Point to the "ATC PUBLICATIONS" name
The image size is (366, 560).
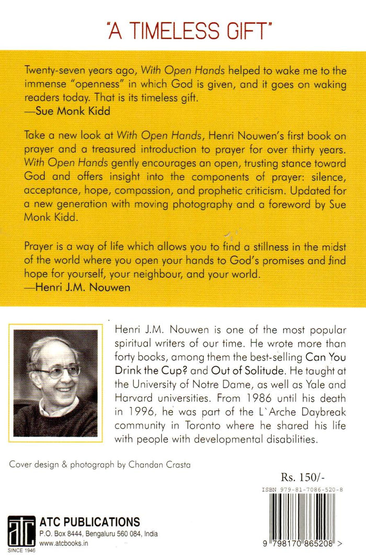pos(90,522)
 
